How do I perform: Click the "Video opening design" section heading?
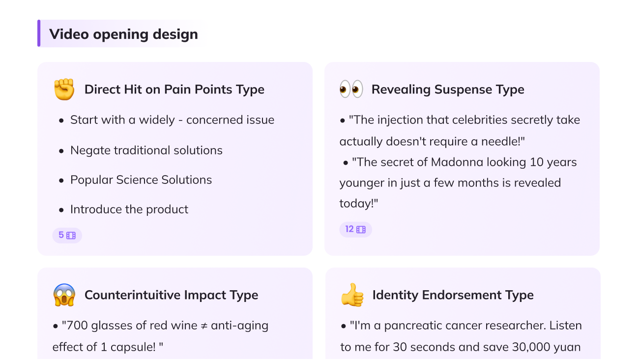pos(123,34)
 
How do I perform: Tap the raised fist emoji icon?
pos(64,90)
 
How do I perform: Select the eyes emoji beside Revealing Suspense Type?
pos(351,90)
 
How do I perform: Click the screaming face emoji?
pos(64,295)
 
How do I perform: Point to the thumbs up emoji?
pos(352,295)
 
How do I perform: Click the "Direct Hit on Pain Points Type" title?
pos(174,90)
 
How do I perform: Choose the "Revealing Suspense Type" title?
pos(448,90)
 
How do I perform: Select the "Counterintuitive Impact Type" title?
pos(171,295)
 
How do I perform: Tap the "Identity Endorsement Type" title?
pos(453,295)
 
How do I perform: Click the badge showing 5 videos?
pos(67,236)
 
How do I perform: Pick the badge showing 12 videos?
pos(355,230)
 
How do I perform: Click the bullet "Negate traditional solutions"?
pos(146,150)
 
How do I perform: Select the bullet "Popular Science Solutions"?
pos(141,180)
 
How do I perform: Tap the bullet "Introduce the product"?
pos(129,210)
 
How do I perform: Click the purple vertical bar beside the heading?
pos(39,33)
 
